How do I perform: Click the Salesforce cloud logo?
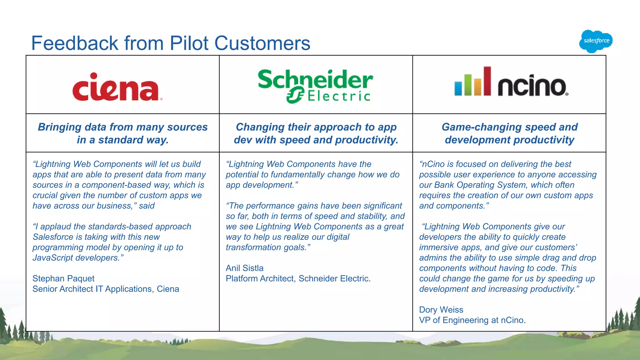click(596, 41)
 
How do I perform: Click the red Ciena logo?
click(117, 87)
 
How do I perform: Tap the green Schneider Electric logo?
click(315, 86)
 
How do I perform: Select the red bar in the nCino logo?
click(487, 81)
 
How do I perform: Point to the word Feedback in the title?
click(74, 43)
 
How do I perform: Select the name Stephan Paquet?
click(63, 278)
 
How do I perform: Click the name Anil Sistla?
click(244, 268)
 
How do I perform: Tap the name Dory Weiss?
click(441, 310)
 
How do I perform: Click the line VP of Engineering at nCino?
click(472, 320)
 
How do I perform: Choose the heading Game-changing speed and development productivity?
click(509, 133)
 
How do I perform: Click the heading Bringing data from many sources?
click(122, 127)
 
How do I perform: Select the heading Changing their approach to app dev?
click(316, 133)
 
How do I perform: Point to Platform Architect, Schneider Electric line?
click(298, 278)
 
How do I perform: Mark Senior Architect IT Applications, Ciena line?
click(106, 289)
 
